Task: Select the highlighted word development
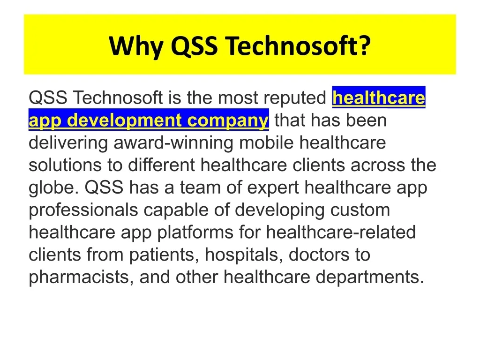click(x=124, y=120)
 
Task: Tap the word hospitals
click(x=244, y=255)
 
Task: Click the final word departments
click(x=370, y=277)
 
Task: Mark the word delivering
click(x=68, y=143)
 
